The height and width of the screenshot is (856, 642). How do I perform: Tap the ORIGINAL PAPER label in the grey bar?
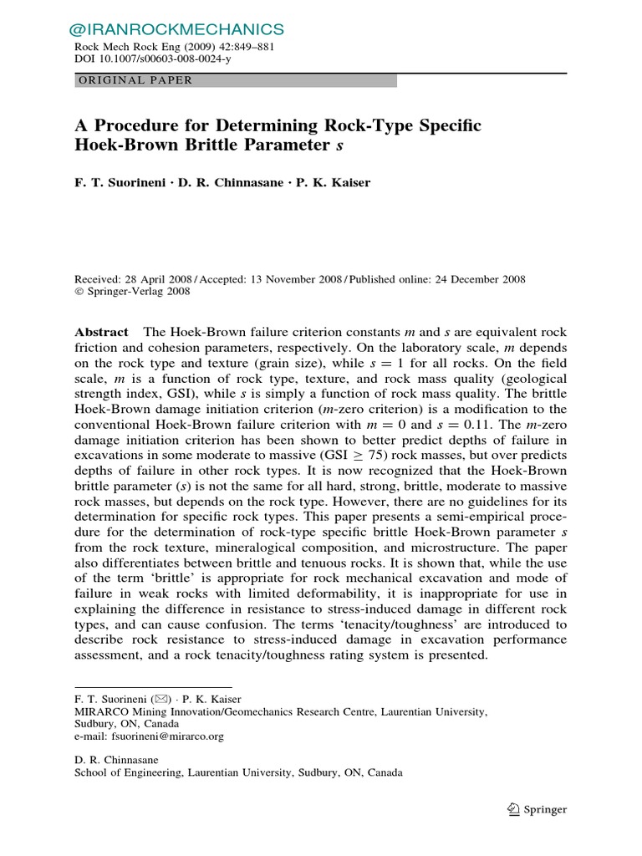point(135,81)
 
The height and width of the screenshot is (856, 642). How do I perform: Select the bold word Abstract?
point(102,332)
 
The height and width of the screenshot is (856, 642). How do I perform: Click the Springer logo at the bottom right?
point(538,809)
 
